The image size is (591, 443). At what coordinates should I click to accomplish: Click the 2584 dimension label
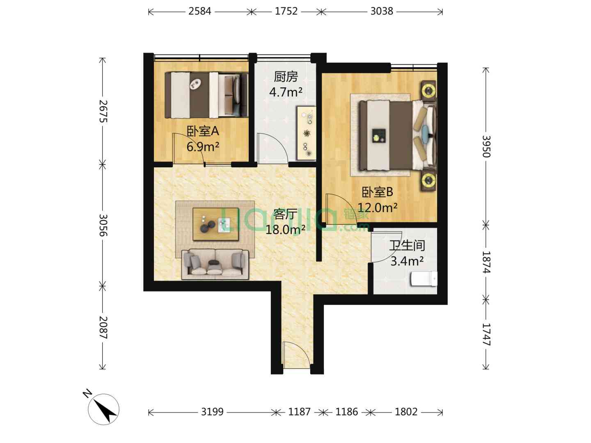pyautogui.click(x=199, y=11)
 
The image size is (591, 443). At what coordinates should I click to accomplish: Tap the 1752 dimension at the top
pyautogui.click(x=286, y=11)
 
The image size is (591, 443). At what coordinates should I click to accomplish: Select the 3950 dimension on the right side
pyautogui.click(x=486, y=146)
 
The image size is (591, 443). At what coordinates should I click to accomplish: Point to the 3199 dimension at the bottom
pyautogui.click(x=213, y=412)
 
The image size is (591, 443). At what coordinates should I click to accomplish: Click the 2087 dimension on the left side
pyautogui.click(x=103, y=327)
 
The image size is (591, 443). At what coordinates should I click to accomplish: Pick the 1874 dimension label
pyautogui.click(x=486, y=262)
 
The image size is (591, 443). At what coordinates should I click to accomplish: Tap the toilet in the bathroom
pyautogui.click(x=424, y=279)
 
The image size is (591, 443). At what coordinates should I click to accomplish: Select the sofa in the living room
pyautogui.click(x=215, y=265)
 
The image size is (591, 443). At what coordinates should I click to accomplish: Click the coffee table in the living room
pyautogui.click(x=215, y=224)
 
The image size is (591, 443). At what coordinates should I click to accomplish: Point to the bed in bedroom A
pyautogui.click(x=206, y=95)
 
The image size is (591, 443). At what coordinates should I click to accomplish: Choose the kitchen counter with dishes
pyautogui.click(x=306, y=133)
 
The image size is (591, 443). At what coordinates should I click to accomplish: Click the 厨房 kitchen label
pyautogui.click(x=286, y=77)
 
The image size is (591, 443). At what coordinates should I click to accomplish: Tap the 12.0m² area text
pyautogui.click(x=377, y=208)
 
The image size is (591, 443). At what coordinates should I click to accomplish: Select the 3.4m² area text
pyautogui.click(x=407, y=261)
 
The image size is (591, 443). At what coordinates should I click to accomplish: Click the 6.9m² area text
pyautogui.click(x=202, y=146)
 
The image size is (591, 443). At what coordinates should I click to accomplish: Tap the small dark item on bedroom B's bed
pyautogui.click(x=379, y=135)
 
